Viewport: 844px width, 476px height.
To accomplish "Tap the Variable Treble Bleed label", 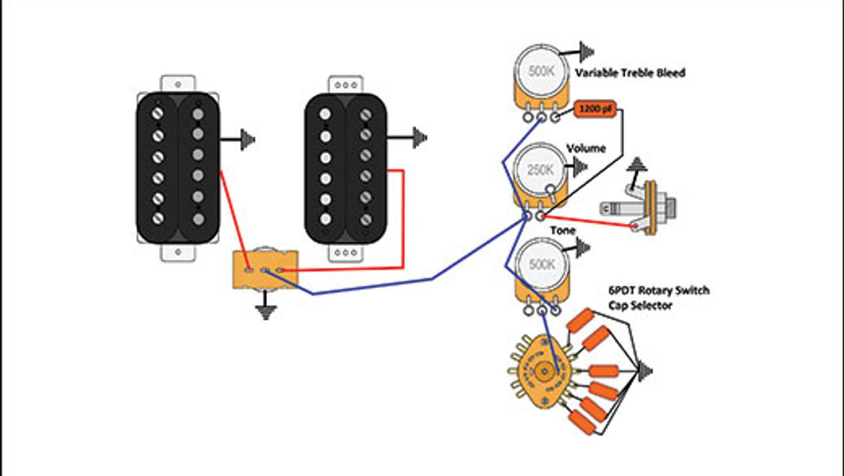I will point(630,73).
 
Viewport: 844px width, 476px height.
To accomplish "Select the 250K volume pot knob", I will point(540,170).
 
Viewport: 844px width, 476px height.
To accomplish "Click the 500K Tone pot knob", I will point(541,264).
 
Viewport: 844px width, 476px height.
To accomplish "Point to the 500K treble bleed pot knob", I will point(541,71).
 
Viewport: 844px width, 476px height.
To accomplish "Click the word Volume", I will point(586,148).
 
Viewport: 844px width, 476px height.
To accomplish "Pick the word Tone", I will point(562,231).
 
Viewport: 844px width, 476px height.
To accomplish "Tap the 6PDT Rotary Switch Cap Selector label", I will point(658,298).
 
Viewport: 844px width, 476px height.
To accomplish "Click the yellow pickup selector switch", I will point(265,270).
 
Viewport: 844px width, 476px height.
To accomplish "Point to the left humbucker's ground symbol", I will point(247,140).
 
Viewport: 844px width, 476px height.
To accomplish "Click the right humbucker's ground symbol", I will point(420,138).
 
